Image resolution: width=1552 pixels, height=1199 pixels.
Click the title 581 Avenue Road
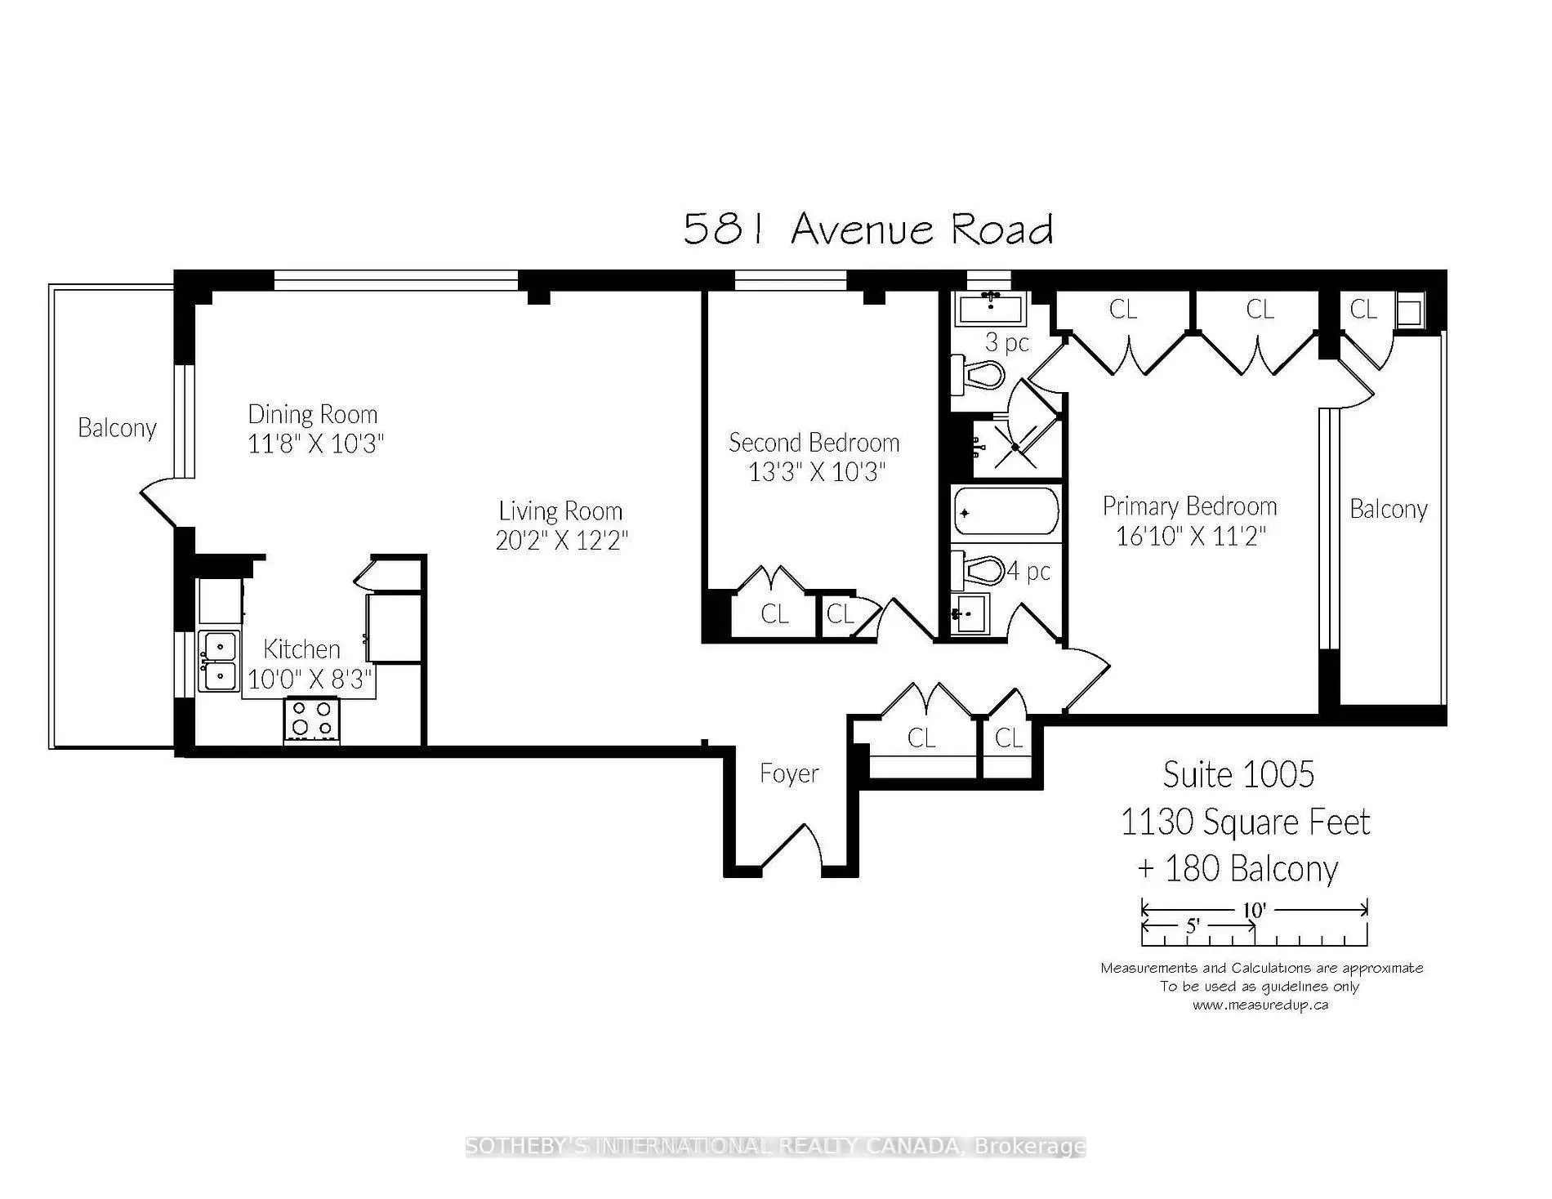pos(867,229)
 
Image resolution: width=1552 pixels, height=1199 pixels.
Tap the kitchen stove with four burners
pos(311,719)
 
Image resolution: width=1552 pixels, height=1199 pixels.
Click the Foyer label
pos(789,773)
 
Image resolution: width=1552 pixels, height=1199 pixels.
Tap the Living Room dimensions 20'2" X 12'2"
pos(562,541)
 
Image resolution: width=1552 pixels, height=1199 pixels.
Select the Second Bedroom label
pos(814,443)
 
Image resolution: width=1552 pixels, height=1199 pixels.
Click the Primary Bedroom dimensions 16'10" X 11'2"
pos(1190,536)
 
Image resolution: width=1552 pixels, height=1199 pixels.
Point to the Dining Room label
pos(313,414)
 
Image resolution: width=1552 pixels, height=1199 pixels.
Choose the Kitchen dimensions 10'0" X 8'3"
pos(310,679)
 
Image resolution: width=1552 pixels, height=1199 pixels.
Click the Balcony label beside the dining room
pos(117,428)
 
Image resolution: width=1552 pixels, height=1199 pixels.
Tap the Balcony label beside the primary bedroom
pos(1389,510)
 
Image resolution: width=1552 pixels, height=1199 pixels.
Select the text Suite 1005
pos(1238,774)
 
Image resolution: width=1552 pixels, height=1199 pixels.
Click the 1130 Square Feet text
pos(1245,822)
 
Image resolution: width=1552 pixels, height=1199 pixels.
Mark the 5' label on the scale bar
pos(1193,926)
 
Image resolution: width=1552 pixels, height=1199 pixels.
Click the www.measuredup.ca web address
pos(1260,1005)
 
